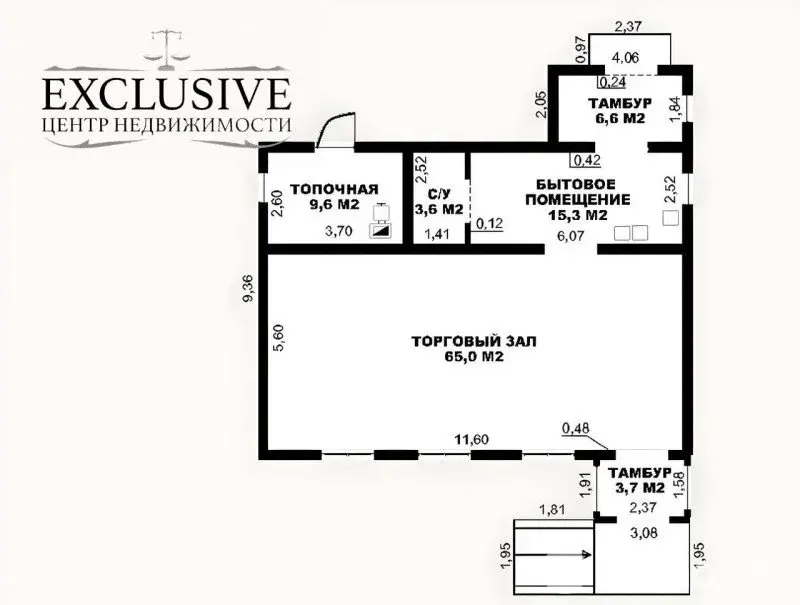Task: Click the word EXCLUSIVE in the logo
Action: tap(165, 95)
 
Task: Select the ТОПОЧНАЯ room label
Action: tap(334, 189)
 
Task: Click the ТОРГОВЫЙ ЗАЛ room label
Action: tap(474, 342)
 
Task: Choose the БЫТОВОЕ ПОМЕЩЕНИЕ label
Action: tap(583, 191)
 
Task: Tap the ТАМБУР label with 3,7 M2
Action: tap(639, 473)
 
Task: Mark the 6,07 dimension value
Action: tap(570, 236)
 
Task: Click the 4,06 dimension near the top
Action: tap(626, 58)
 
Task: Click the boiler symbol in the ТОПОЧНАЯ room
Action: tap(380, 222)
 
